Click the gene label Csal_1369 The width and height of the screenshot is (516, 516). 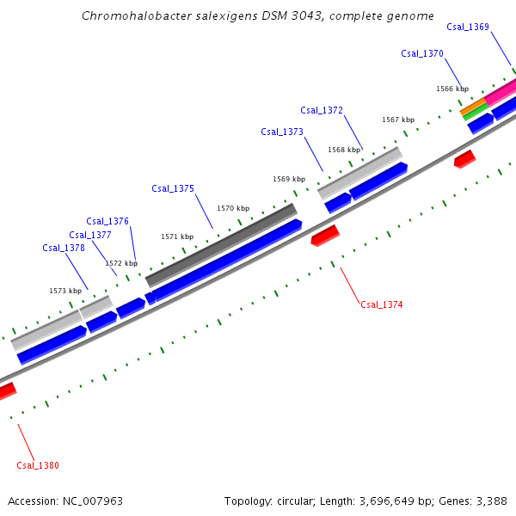point(468,27)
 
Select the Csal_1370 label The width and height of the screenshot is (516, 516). point(422,53)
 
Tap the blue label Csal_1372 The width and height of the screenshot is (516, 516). point(322,110)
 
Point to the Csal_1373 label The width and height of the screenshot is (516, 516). point(282,132)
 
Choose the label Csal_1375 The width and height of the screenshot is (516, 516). point(173,188)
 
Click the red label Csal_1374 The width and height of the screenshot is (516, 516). point(382,304)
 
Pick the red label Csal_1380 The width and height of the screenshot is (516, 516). point(38,465)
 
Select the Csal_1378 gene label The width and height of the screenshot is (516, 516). point(64,248)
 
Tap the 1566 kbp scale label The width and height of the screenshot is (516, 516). point(452,89)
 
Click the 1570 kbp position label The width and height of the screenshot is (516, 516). point(233,208)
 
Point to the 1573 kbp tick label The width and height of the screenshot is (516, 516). point(65,291)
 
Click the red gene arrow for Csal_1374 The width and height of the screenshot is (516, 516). point(325,235)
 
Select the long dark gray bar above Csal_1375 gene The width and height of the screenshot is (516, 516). point(221,244)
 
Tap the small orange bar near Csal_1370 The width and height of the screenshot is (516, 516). point(473,107)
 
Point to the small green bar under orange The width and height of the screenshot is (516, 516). point(475,113)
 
